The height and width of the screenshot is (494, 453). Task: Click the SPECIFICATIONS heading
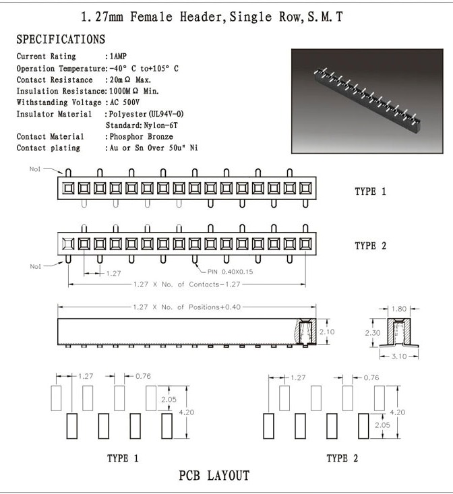click(x=61, y=40)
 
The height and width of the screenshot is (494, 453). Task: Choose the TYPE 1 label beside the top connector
click(x=370, y=191)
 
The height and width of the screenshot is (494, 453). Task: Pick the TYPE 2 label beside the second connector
click(x=370, y=245)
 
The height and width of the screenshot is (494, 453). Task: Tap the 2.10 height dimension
click(x=328, y=332)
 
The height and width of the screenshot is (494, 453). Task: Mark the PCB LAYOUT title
click(x=214, y=476)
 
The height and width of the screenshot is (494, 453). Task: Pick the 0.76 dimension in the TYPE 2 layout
click(x=371, y=377)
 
